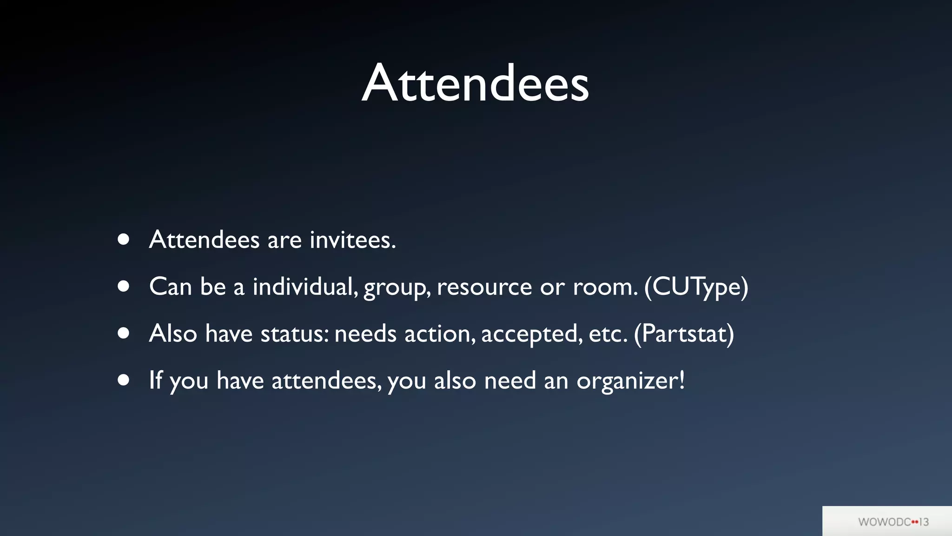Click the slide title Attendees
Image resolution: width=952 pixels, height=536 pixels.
(476, 84)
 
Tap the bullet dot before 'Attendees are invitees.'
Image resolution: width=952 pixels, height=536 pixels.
(123, 239)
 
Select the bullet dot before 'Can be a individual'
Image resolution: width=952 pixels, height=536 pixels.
(123, 286)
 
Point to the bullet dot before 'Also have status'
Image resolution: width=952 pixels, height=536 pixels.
(123, 333)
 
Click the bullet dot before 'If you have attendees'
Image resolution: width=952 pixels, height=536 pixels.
(123, 380)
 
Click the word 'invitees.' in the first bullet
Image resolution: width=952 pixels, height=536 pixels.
(353, 240)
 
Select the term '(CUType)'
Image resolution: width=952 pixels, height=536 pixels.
(696, 287)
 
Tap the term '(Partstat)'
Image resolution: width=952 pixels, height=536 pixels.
(684, 334)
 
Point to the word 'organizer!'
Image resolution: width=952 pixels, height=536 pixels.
(631, 381)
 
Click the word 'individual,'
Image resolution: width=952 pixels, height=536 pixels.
(305, 287)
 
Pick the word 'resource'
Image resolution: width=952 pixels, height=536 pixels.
(484, 287)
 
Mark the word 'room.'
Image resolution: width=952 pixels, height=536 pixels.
(605, 287)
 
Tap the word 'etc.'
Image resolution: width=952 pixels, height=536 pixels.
(608, 334)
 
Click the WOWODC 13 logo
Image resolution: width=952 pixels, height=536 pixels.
(893, 522)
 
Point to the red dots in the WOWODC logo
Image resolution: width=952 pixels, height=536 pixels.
(915, 522)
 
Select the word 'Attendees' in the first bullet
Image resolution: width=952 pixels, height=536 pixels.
(204, 240)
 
